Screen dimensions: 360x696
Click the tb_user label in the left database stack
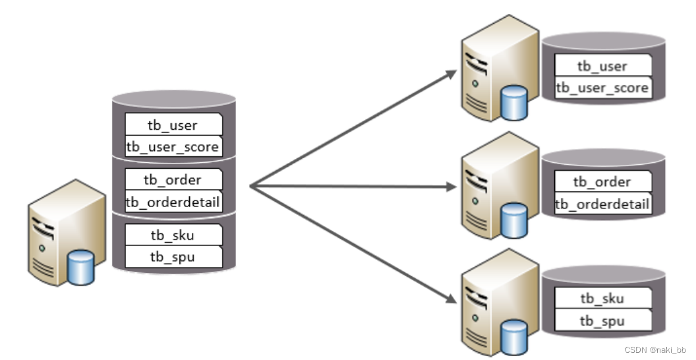[173, 125]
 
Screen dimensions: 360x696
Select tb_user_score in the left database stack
[173, 146]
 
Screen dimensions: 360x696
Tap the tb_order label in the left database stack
[173, 179]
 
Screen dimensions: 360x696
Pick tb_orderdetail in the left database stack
[173, 201]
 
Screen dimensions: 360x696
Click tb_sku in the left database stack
[173, 235]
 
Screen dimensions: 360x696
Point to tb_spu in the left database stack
[173, 256]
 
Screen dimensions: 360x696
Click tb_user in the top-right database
[602, 66]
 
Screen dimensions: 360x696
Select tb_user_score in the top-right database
[602, 88]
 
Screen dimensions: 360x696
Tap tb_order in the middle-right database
[602, 182]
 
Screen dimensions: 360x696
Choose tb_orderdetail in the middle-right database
[602, 204]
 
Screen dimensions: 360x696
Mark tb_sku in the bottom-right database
[602, 299]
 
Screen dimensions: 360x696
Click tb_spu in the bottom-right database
[602, 321]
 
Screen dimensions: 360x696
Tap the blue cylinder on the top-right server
[513, 103]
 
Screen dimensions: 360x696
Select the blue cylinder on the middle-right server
[513, 220]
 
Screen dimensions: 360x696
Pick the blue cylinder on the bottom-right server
[513, 336]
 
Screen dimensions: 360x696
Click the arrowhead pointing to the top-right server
[451, 73]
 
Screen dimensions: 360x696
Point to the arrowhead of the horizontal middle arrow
[451, 187]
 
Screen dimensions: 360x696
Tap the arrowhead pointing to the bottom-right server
[451, 301]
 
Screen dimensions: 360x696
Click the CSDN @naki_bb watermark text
[655, 349]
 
